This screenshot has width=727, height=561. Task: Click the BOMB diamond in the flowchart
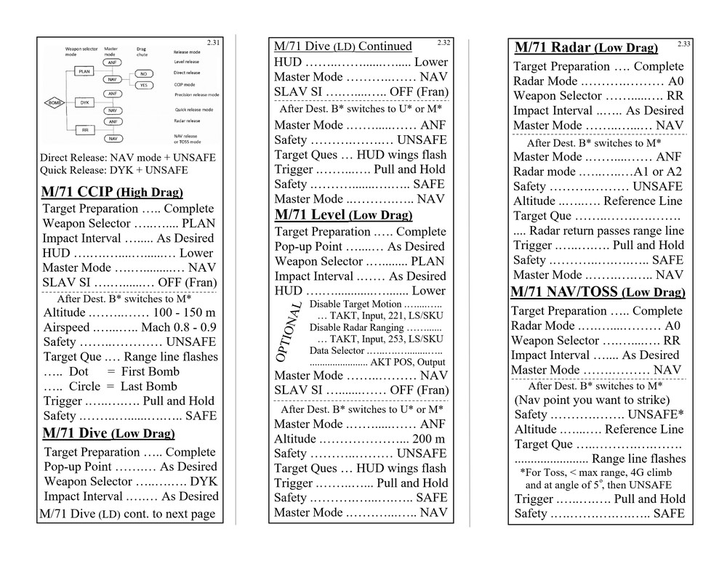[x=56, y=102]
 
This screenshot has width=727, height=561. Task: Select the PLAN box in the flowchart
[x=84, y=72]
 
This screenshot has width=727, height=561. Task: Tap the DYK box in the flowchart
[x=84, y=102]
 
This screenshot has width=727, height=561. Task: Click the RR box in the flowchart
[x=84, y=129]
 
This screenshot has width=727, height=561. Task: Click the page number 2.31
[x=213, y=43]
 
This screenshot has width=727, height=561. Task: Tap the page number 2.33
[x=683, y=44]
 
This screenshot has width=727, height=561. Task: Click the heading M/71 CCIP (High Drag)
[x=112, y=193]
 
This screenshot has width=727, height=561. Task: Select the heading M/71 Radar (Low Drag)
[x=586, y=48]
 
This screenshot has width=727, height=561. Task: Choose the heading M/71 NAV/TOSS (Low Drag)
[x=598, y=292]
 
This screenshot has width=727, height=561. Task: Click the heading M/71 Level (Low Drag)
[x=343, y=215]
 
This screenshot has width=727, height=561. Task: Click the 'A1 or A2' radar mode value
[x=657, y=171]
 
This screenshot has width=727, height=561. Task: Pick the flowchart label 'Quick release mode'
[x=193, y=110]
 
